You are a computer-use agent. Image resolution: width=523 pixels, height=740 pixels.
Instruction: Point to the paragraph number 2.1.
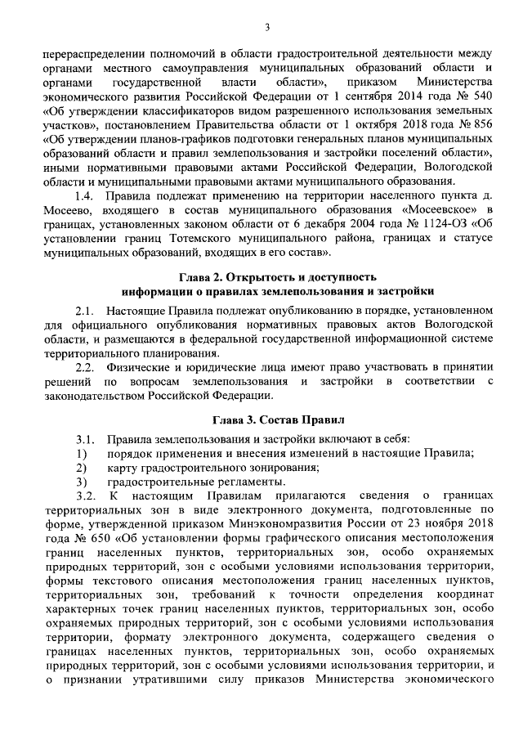pos(85,312)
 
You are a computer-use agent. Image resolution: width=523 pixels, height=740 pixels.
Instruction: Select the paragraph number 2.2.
pos(85,366)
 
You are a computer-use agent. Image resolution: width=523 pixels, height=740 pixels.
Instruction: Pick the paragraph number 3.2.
pos(85,496)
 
